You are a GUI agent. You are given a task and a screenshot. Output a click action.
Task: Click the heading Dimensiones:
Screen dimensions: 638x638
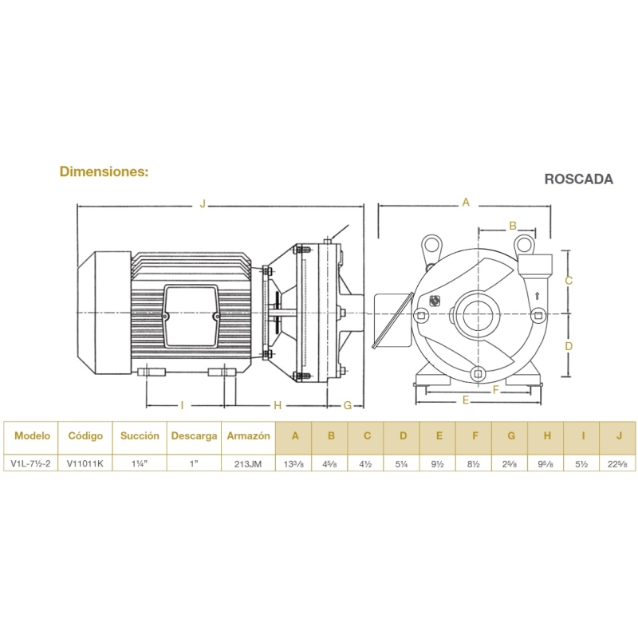pyautogui.click(x=104, y=171)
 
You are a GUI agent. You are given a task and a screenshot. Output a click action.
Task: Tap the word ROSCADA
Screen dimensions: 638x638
pyautogui.click(x=579, y=179)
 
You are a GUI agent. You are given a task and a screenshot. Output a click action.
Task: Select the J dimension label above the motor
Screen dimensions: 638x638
pyautogui.click(x=203, y=203)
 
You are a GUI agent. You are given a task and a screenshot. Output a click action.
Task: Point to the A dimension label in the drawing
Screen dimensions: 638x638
pyautogui.click(x=466, y=202)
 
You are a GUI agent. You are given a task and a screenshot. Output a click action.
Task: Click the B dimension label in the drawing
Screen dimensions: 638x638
pyautogui.click(x=513, y=226)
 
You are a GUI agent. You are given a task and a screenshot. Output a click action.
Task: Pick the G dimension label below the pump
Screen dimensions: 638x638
pyautogui.click(x=348, y=405)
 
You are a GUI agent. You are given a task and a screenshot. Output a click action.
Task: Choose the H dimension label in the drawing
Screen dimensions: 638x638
pyautogui.click(x=278, y=405)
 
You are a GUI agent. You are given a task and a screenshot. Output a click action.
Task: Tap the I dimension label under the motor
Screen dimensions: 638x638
pyautogui.click(x=183, y=405)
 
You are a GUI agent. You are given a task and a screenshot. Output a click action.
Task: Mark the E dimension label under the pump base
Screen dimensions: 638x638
pyautogui.click(x=466, y=400)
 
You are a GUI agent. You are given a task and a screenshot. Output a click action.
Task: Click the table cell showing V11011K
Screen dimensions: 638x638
pyautogui.click(x=85, y=463)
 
